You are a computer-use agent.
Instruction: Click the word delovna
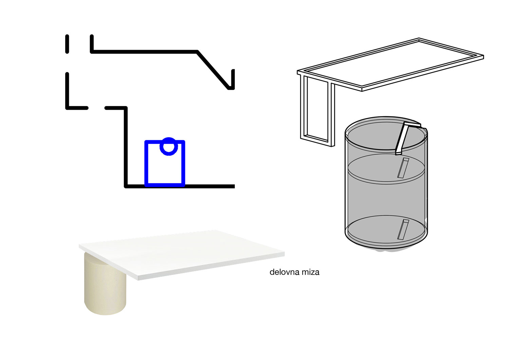283,272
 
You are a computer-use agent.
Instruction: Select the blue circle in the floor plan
169,146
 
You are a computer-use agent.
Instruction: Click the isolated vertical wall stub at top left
67,44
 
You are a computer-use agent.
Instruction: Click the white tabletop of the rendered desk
182,254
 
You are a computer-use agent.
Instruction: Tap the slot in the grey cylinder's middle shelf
403,168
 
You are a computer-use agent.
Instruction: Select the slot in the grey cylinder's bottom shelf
403,230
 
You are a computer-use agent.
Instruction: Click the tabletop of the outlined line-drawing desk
390,65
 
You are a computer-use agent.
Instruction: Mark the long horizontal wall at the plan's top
145,52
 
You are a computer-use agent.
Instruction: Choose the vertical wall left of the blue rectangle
126,147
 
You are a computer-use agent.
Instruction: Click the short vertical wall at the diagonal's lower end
233,79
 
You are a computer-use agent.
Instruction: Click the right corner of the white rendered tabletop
284,253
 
